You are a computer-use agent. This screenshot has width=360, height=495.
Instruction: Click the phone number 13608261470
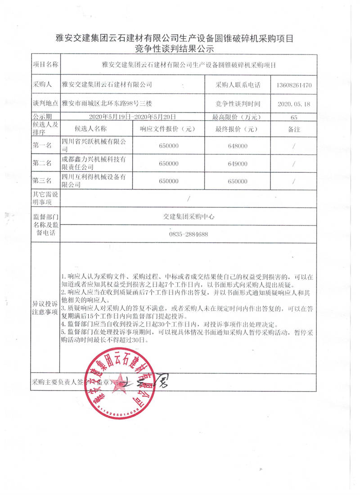295,85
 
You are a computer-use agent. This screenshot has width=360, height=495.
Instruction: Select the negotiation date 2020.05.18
295,104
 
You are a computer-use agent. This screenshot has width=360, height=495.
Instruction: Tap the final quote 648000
238,146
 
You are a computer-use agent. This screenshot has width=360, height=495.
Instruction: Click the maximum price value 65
295,117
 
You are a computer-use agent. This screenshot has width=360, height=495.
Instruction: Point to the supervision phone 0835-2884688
189,234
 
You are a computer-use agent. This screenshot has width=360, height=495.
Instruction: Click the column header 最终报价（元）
238,129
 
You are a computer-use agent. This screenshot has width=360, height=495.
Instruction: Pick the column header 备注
294,129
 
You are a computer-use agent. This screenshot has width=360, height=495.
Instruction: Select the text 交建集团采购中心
189,216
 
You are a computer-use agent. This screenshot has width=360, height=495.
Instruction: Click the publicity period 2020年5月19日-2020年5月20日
126,117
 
